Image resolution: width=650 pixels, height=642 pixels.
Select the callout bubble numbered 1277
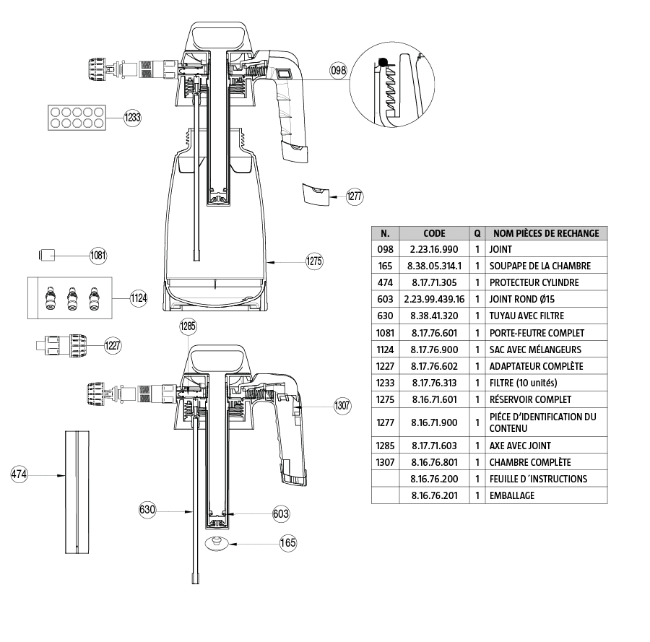355,196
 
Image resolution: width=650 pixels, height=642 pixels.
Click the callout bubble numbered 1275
313,261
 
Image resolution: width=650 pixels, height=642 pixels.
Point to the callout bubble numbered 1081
98,255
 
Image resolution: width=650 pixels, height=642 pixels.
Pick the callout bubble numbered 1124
139,298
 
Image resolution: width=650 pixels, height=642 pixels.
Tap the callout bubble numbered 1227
113,345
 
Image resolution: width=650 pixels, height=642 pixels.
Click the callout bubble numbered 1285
188,327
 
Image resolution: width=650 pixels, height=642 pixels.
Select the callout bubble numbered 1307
342,406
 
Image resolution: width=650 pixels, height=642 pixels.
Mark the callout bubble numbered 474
19,474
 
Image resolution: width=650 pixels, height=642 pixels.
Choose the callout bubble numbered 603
281,513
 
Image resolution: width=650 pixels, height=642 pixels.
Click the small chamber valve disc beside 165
215,543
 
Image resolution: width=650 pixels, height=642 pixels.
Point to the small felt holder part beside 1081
48,254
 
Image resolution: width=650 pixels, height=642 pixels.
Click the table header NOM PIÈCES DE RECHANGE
545,233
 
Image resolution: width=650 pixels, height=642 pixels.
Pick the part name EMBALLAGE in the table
512,495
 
